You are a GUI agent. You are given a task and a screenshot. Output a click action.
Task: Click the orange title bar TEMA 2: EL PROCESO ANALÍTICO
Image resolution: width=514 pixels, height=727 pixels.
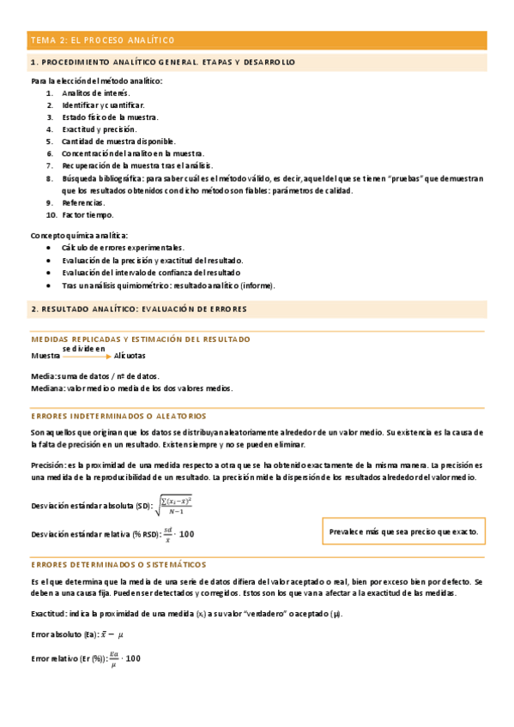[x=257, y=40]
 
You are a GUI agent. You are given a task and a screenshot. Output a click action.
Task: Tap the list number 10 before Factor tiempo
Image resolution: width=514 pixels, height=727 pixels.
[x=51, y=214]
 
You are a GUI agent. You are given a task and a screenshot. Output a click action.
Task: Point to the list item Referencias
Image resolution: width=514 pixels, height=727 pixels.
[x=83, y=202]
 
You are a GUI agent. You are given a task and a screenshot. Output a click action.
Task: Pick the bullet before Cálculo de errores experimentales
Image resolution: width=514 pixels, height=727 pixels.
[x=51, y=247]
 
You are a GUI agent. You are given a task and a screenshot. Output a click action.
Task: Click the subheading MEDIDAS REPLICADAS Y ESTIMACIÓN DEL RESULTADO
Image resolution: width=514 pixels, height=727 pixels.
[x=141, y=339]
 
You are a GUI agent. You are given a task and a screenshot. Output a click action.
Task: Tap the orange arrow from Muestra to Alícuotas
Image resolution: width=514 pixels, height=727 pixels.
[x=87, y=356]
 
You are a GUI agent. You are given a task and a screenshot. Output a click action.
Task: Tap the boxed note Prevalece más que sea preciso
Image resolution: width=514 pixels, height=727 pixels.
[x=403, y=532]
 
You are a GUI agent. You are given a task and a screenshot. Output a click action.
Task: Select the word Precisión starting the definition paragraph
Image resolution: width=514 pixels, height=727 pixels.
[x=47, y=464]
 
